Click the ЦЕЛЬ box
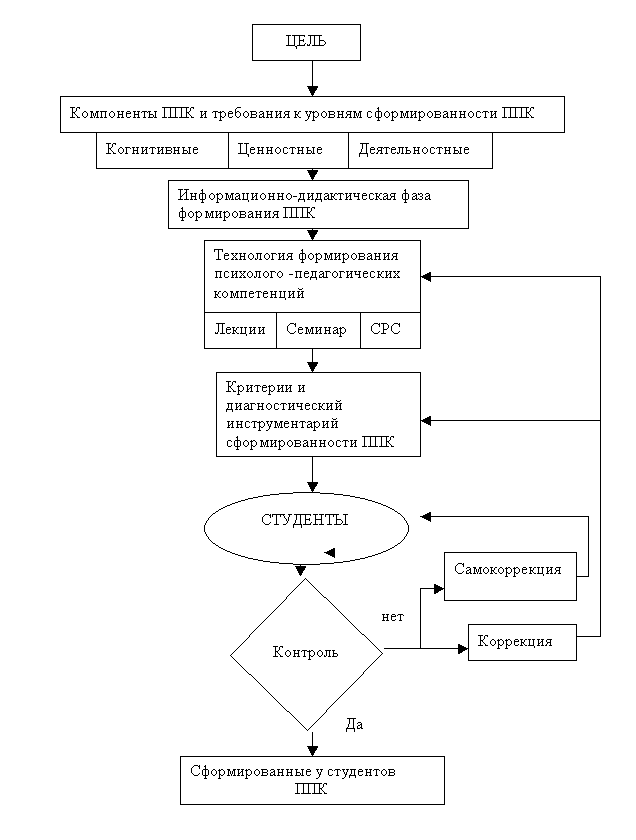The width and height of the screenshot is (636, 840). tap(306, 42)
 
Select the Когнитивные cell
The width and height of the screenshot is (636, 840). tap(162, 150)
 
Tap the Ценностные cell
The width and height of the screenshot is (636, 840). tap(288, 150)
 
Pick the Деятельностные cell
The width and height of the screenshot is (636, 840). tap(420, 150)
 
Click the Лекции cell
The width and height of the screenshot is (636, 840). tap(240, 330)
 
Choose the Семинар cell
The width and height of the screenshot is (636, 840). tap(318, 330)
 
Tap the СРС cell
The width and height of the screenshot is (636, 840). tap(390, 330)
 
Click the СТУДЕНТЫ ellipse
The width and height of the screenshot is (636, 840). tap(306, 528)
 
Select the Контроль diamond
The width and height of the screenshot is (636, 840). tap(306, 654)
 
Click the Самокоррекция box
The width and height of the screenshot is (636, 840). tap(510, 576)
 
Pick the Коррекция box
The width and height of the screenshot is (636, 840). tap(522, 642)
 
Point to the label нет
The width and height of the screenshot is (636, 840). tap(392, 617)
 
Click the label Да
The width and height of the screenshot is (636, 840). tap(354, 725)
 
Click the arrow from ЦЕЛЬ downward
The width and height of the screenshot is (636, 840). tap(312, 78)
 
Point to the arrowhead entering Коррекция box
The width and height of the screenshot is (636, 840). tap(463, 649)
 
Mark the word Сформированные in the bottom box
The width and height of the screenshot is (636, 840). tap(251, 772)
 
